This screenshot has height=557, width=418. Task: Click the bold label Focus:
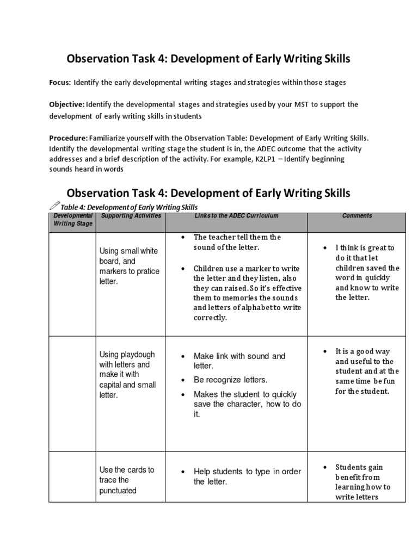coord(60,82)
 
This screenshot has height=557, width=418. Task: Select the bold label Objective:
coord(66,104)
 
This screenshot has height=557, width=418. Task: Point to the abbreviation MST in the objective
coord(300,104)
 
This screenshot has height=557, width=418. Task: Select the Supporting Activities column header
coord(131,216)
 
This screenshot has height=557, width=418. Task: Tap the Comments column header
coord(357,216)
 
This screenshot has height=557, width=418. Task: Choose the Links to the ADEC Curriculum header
coord(236,216)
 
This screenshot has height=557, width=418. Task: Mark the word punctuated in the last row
coord(118,490)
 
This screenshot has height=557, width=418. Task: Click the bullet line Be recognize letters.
coord(231,380)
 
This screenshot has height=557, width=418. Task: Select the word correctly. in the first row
coord(210,318)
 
